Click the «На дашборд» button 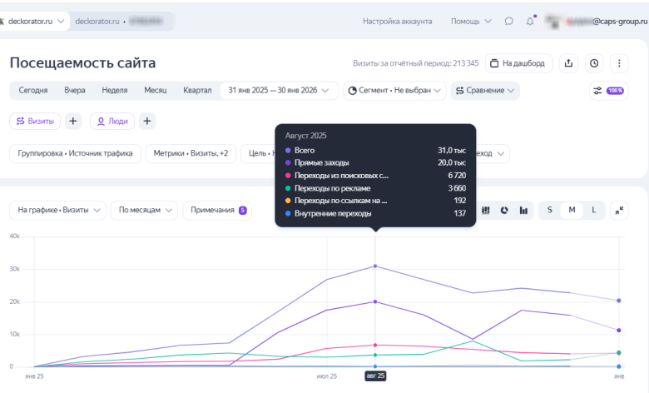coord(518,63)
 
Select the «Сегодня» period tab coord(33,90)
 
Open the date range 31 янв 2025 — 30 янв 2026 coord(278,90)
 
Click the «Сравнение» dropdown coord(485,90)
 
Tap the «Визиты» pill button coord(35,121)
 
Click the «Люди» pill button coord(112,121)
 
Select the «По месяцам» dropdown coord(143,211)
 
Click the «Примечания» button coord(219,211)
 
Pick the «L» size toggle coord(593,211)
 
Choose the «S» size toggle coord(549,211)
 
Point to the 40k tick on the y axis coord(14,236)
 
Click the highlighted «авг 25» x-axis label coord(375,376)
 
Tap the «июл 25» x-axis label coord(327,376)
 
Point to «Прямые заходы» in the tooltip coord(322,162)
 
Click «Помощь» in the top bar coord(465,21)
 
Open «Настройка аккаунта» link coord(394,21)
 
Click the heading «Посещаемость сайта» coord(82,63)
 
